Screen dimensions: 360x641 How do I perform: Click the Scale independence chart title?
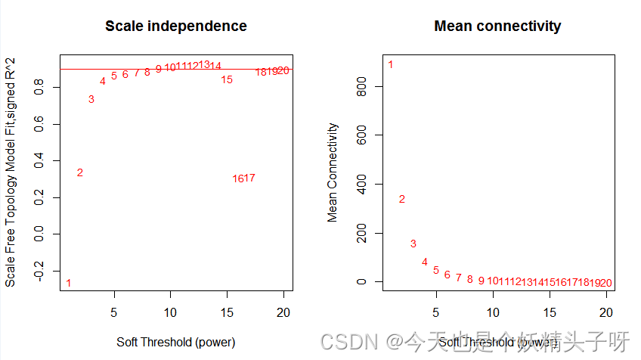[175, 26]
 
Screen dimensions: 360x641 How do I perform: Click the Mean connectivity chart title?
[497, 26]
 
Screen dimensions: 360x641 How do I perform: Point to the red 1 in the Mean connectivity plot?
[391, 64]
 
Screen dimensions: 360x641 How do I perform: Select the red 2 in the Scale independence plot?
[79, 172]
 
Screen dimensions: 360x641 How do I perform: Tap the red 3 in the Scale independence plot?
[91, 99]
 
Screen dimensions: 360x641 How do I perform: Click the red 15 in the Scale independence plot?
[227, 79]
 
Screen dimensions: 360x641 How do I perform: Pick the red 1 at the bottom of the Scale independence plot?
[68, 283]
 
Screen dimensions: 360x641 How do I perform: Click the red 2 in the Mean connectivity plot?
[402, 199]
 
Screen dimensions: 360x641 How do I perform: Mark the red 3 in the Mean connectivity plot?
[413, 244]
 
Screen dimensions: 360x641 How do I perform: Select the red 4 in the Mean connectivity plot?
[425, 262]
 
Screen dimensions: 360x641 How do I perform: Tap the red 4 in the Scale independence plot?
[102, 81]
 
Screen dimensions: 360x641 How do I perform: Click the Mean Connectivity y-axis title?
[333, 172]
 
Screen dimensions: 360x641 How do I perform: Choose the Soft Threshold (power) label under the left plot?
[175, 342]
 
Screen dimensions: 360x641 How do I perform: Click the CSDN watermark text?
[348, 342]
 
